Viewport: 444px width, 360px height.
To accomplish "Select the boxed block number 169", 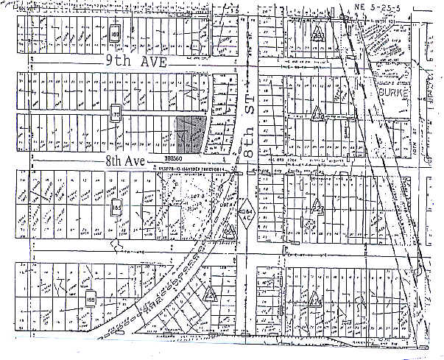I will pyautogui.click(x=116, y=34).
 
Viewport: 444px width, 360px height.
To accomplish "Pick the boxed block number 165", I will pyautogui.click(x=116, y=207).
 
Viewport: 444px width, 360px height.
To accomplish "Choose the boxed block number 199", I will pyautogui.click(x=91, y=300).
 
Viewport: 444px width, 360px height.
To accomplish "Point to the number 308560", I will pyautogui.click(x=174, y=157).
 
